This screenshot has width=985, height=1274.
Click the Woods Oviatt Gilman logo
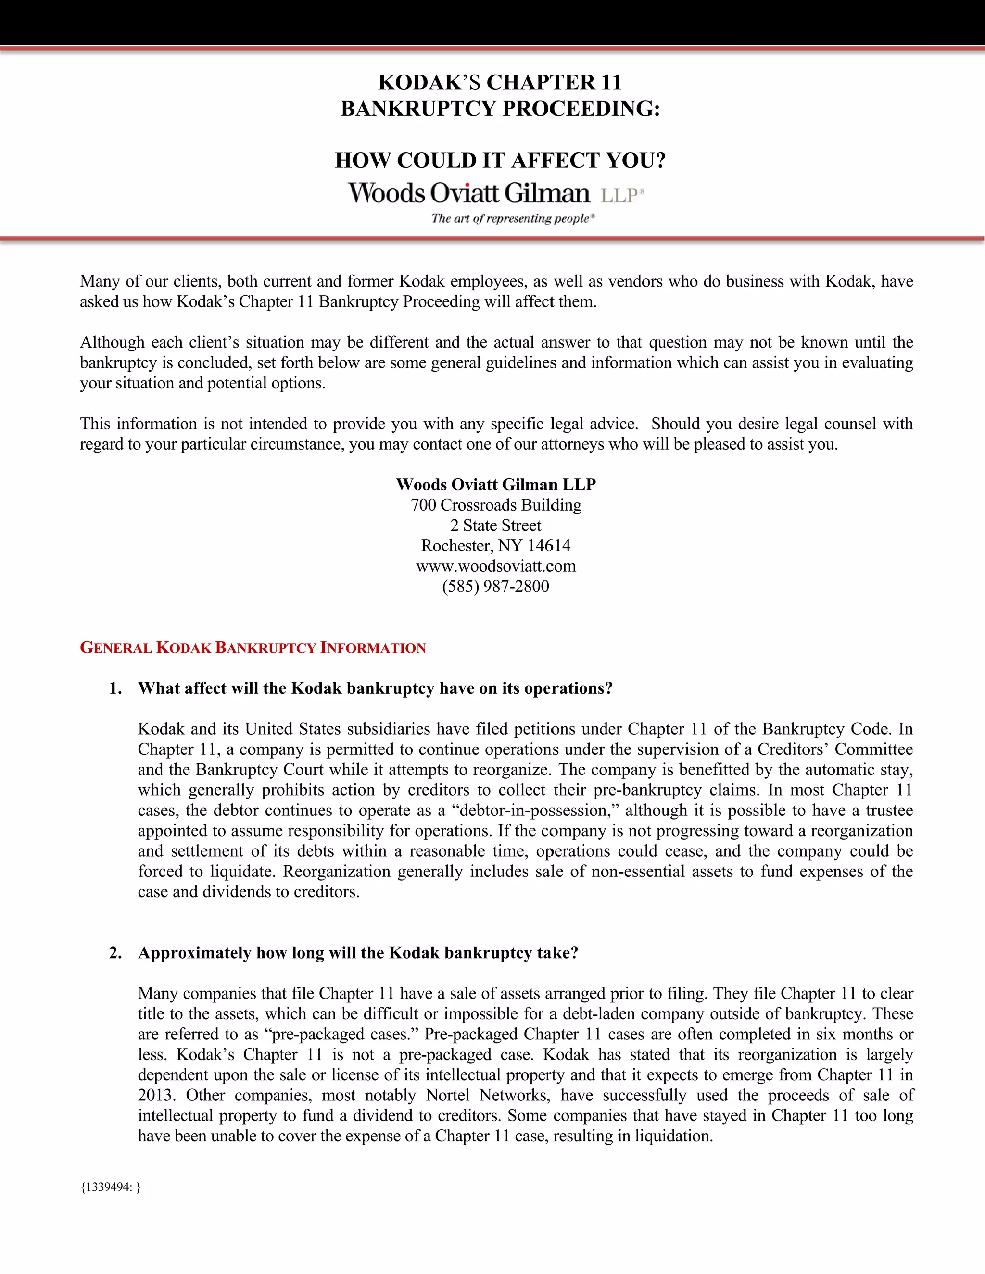coord(496,194)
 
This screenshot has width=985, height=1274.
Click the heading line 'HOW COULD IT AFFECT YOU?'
coord(500,161)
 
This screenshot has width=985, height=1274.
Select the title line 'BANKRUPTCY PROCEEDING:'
coord(500,109)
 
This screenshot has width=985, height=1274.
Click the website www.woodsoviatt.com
coord(496,566)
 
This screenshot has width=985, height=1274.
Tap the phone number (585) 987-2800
coord(495,586)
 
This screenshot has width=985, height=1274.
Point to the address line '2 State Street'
coord(495,525)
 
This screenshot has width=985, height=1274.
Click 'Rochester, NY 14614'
coord(495,546)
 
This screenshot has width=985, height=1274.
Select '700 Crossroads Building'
coord(495,505)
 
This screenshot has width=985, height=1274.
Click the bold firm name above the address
coord(495,485)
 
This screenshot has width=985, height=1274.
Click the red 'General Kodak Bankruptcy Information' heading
coord(253,648)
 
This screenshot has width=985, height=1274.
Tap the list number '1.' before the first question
coord(115,688)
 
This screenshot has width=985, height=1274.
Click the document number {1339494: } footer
coord(110,1187)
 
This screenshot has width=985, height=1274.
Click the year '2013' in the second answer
coord(155,1096)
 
